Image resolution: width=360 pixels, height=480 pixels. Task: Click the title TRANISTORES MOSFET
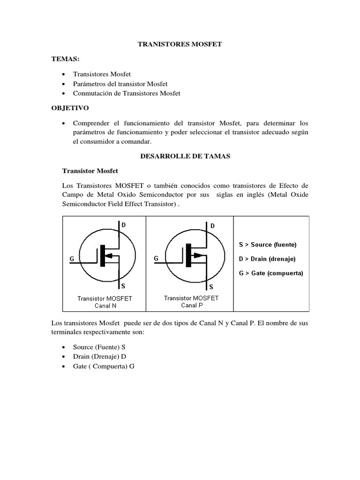point(180,45)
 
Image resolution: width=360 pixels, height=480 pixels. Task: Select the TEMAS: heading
point(66,60)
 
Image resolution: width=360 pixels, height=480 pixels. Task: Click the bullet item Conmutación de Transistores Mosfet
point(127,93)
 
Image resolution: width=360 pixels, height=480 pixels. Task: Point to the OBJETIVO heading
point(69,108)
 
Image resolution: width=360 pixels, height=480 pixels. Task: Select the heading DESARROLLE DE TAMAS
point(186,157)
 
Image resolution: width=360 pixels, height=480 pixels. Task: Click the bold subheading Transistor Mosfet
point(90,171)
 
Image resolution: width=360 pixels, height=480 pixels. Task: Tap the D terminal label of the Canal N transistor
point(124,225)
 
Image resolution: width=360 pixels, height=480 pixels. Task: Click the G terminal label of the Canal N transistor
point(72,258)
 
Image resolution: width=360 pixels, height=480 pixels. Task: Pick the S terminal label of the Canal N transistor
point(123,285)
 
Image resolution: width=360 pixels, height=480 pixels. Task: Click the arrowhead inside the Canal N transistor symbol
point(109,256)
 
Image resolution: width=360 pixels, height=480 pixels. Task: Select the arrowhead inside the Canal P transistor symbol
point(197,255)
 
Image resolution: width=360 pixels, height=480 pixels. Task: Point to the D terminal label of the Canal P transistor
point(212,225)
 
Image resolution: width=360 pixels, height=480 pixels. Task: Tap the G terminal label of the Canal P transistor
point(156,258)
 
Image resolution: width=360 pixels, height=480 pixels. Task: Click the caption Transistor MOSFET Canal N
point(105,302)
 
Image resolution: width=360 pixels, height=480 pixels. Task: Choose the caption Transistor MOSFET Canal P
point(191,301)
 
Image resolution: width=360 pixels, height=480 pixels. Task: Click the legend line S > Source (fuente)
point(267,245)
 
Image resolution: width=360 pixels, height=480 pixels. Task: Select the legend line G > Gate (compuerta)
point(271,273)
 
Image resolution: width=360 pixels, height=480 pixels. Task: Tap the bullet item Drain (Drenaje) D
point(100,357)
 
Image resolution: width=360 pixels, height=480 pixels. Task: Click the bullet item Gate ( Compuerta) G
point(104,366)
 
